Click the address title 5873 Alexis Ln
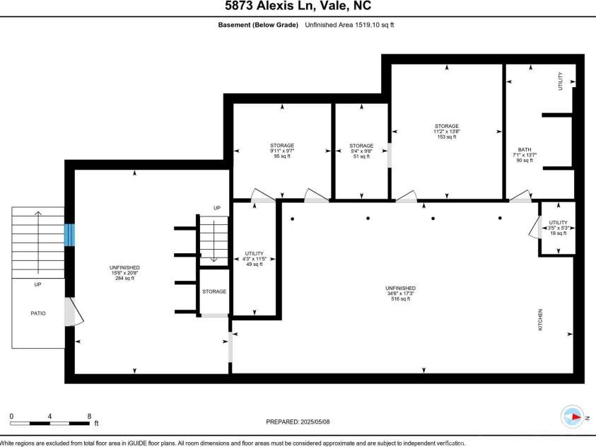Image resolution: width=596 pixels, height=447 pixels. [x=297, y=7]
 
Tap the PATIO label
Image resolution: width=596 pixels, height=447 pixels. [x=37, y=313]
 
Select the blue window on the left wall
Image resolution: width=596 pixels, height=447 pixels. [x=69, y=235]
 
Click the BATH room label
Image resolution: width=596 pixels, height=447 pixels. [x=524, y=149]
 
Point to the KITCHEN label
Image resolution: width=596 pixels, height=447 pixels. [x=541, y=320]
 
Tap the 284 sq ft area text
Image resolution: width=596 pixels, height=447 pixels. [x=124, y=278]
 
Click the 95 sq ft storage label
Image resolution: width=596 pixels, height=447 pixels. [x=281, y=156]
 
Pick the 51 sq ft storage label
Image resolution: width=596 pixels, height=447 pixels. [x=361, y=156]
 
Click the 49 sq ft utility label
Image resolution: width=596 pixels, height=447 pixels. [x=254, y=265]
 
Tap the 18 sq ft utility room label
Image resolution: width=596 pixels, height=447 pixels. [x=558, y=233]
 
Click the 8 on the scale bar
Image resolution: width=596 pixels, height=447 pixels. [x=89, y=416]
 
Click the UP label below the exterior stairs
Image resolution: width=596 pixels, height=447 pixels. [x=37, y=284]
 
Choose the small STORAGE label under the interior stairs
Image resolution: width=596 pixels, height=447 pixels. [x=214, y=291]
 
